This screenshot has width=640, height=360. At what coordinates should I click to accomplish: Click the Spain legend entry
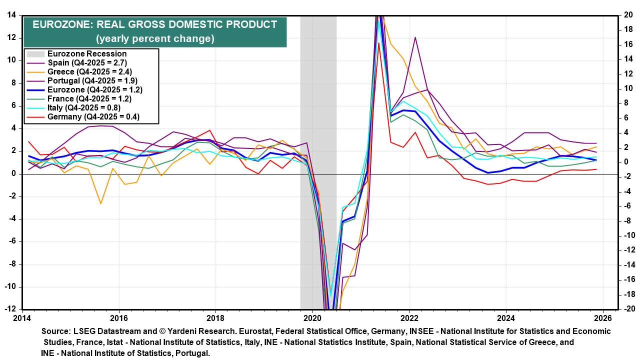(x=87, y=62)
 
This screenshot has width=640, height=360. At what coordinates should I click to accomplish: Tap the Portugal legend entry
(x=92, y=80)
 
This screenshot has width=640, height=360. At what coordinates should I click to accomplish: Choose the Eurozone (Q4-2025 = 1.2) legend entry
(x=95, y=90)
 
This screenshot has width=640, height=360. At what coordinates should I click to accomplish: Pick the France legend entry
(x=89, y=99)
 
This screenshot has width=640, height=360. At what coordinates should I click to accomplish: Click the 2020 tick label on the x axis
(x=312, y=317)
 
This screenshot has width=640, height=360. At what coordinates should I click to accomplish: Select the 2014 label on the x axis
(x=21, y=317)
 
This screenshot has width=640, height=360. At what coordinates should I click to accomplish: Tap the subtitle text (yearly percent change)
(x=155, y=38)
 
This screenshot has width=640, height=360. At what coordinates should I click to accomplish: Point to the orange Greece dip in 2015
(x=100, y=203)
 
